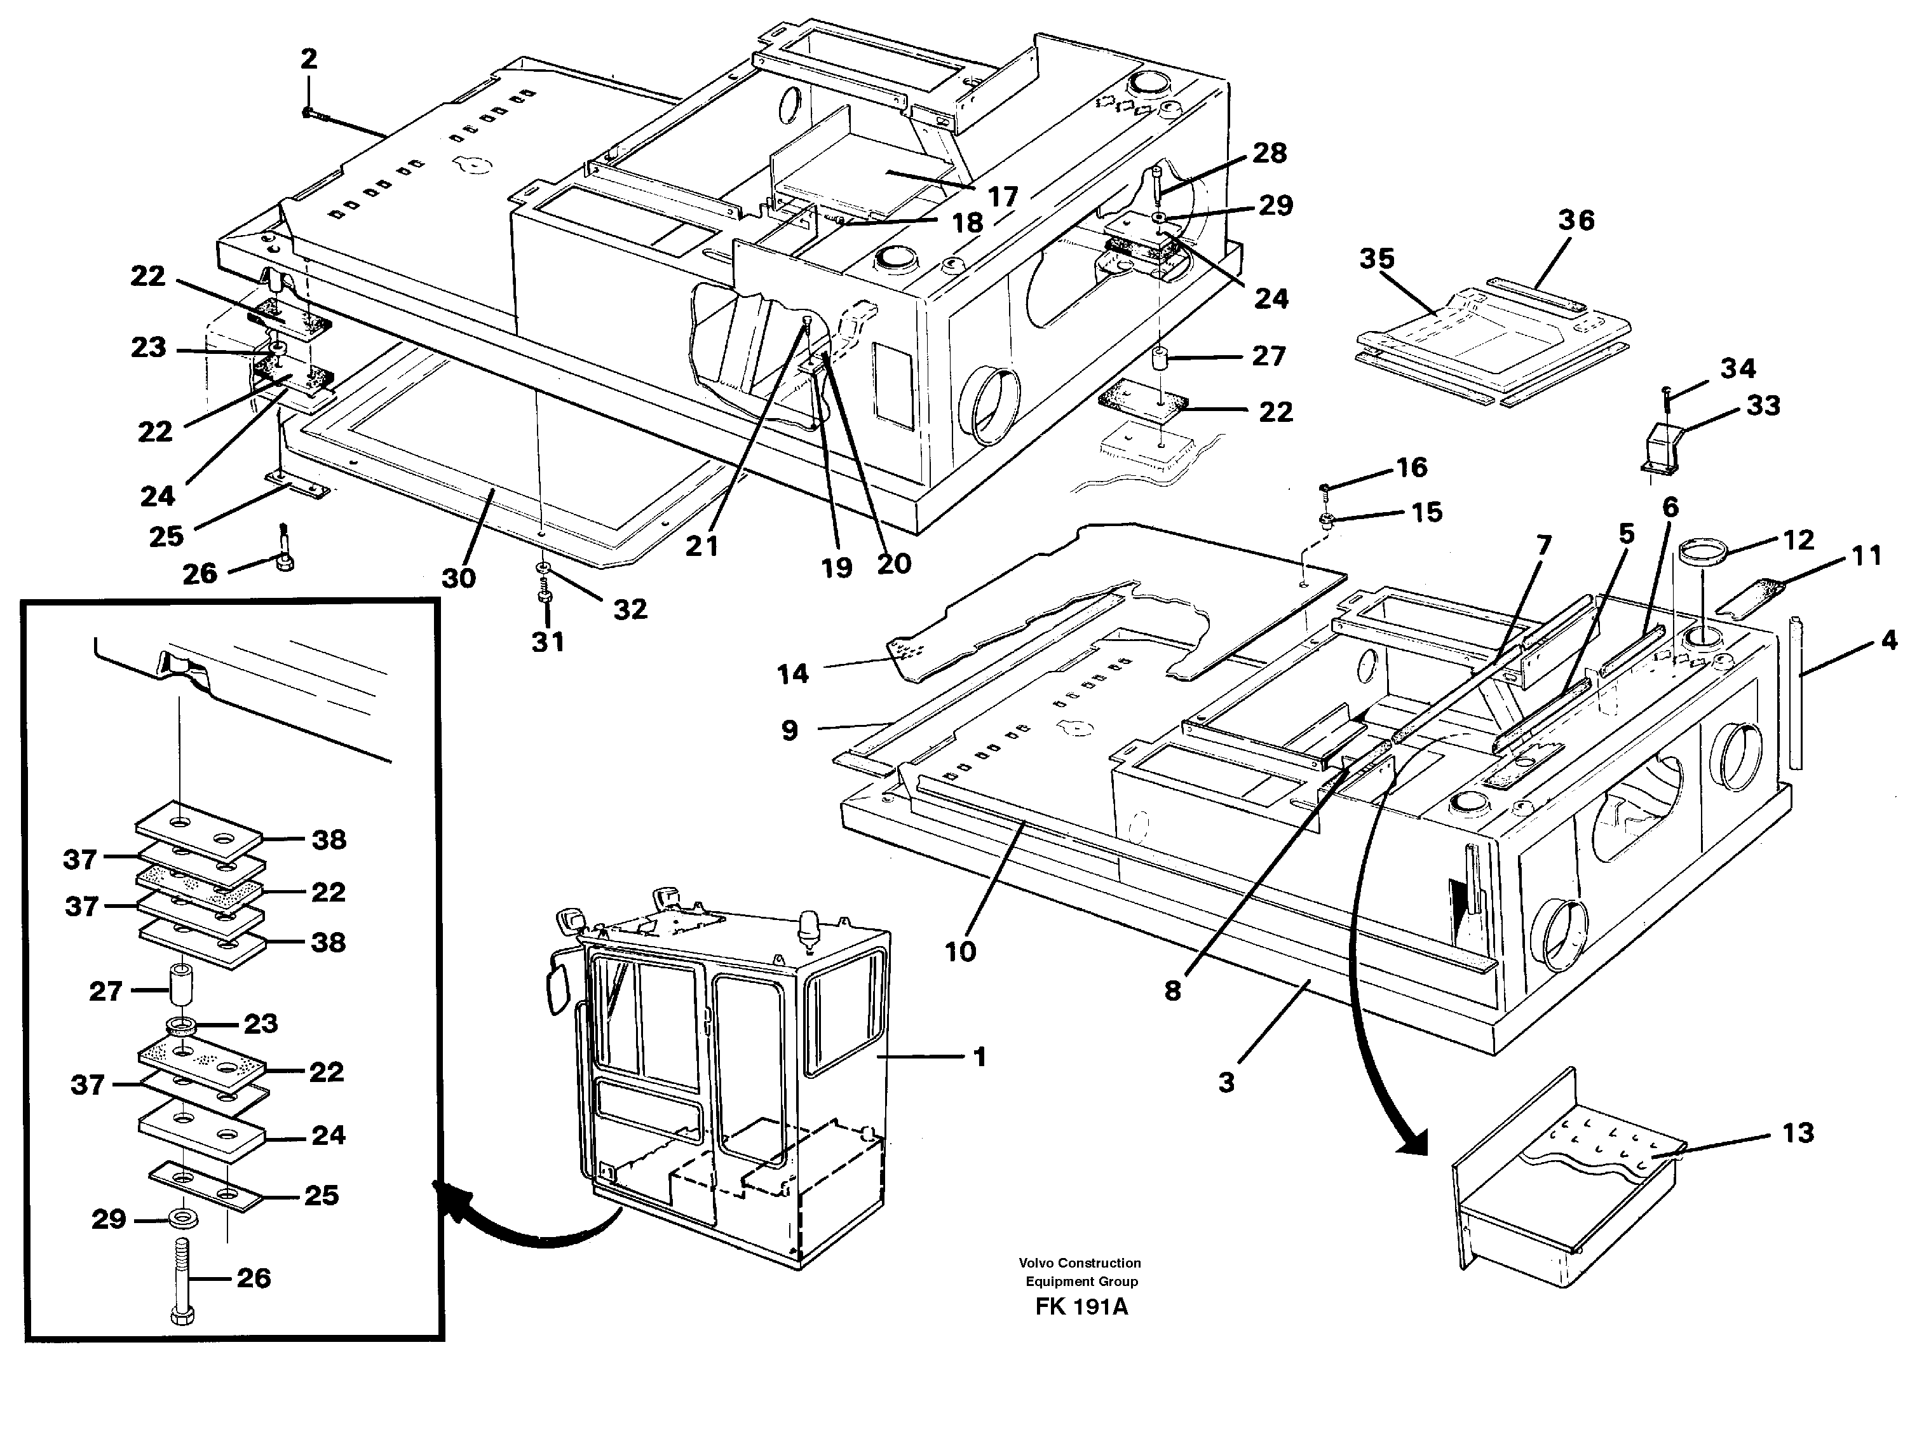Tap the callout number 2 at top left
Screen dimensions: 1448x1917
(x=309, y=60)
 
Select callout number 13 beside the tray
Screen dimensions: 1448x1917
(x=1798, y=1133)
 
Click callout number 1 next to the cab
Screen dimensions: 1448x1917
(x=979, y=1057)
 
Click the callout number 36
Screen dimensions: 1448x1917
(x=1576, y=220)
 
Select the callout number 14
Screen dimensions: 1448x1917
(x=792, y=673)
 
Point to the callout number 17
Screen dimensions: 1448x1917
(x=1003, y=197)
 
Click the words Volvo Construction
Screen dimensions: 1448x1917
(x=1080, y=1262)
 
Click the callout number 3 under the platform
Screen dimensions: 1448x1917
(x=1226, y=1081)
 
